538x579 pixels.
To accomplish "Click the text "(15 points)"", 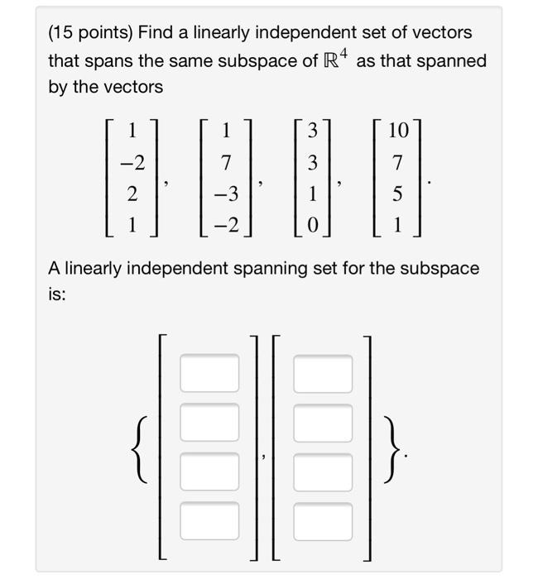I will point(89,33).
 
